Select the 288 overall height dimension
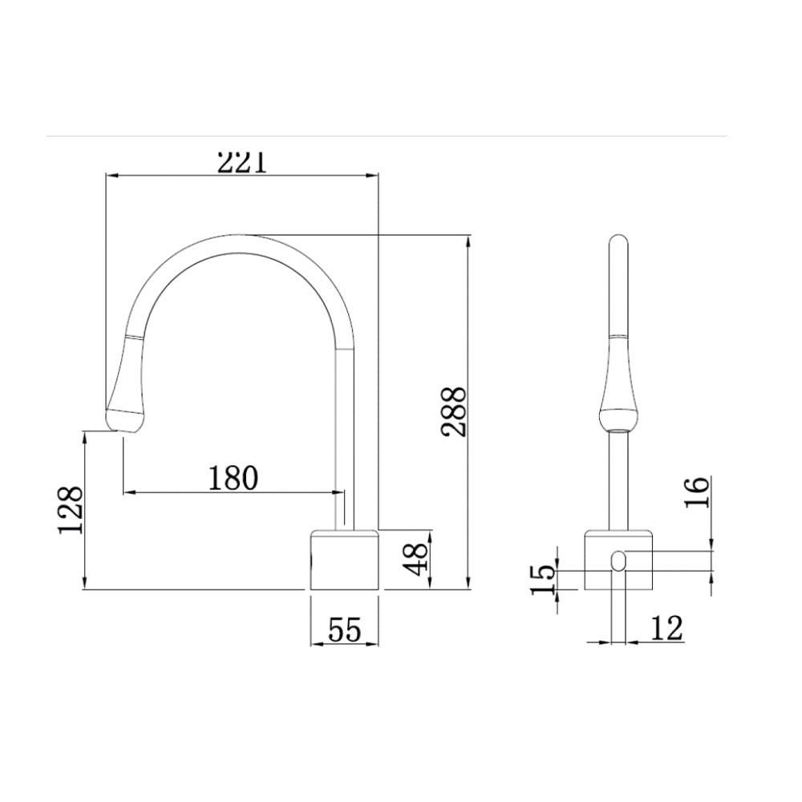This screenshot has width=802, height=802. [x=455, y=411]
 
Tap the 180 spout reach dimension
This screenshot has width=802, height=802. [x=233, y=478]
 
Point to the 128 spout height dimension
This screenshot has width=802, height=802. [x=71, y=510]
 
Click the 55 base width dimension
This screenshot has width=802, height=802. [x=344, y=630]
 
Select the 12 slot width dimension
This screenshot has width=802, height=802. [x=666, y=628]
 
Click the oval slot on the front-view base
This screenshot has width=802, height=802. [x=618, y=561]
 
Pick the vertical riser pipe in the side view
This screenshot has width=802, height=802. [x=344, y=433]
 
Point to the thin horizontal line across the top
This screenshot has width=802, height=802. [x=385, y=137]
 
